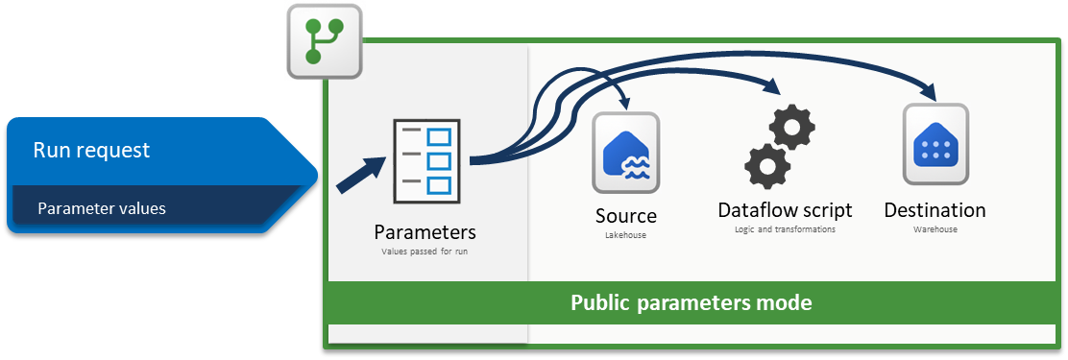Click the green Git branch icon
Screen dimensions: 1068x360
coord(324,41)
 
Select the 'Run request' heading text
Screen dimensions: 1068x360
coord(91,150)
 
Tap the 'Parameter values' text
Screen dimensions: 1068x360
coord(102,208)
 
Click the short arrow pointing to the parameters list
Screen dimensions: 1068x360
coord(359,175)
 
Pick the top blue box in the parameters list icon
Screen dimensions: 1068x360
coord(439,136)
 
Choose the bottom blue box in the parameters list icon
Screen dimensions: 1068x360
coord(439,183)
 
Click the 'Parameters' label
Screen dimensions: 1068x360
coord(425,232)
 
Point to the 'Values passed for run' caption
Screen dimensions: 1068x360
coord(425,252)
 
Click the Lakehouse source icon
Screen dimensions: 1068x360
coord(626,153)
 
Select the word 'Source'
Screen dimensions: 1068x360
coord(626,216)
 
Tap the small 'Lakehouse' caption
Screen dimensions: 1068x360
coord(626,235)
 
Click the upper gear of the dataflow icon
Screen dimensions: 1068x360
coord(791,127)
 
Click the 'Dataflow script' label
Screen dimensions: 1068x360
coord(785,209)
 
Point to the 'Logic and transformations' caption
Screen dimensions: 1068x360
coord(785,229)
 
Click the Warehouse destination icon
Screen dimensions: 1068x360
coord(935,144)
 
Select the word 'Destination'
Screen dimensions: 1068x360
coord(934,209)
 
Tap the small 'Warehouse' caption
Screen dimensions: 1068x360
coord(935,229)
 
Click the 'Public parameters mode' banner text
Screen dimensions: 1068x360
coord(691,302)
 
